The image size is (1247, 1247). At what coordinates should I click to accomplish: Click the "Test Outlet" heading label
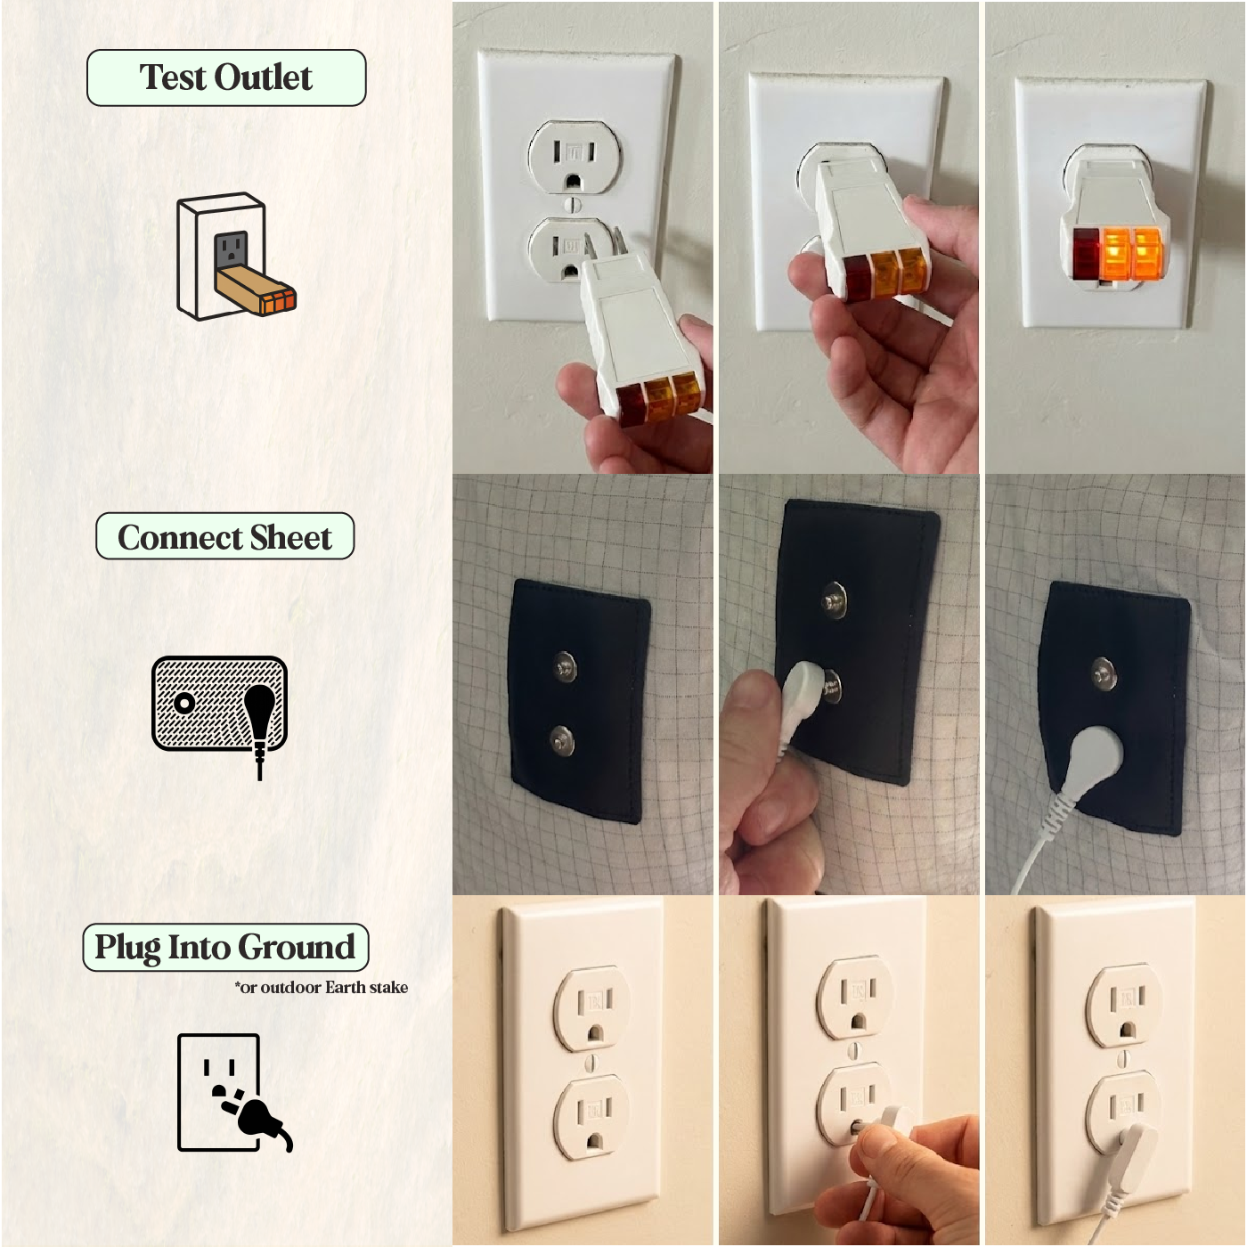click(226, 77)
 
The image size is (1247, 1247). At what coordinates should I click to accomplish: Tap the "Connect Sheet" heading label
click(225, 536)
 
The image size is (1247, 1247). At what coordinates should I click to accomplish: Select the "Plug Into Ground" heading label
click(226, 948)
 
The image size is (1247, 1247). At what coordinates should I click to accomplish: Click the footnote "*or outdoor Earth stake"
click(322, 988)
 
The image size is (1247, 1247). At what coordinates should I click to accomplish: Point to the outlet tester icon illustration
click(236, 257)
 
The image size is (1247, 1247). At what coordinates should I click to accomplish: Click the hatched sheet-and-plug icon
click(220, 717)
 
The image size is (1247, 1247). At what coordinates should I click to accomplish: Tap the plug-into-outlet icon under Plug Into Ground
click(234, 1095)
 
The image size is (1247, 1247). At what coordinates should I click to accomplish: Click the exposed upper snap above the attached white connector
click(1104, 672)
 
